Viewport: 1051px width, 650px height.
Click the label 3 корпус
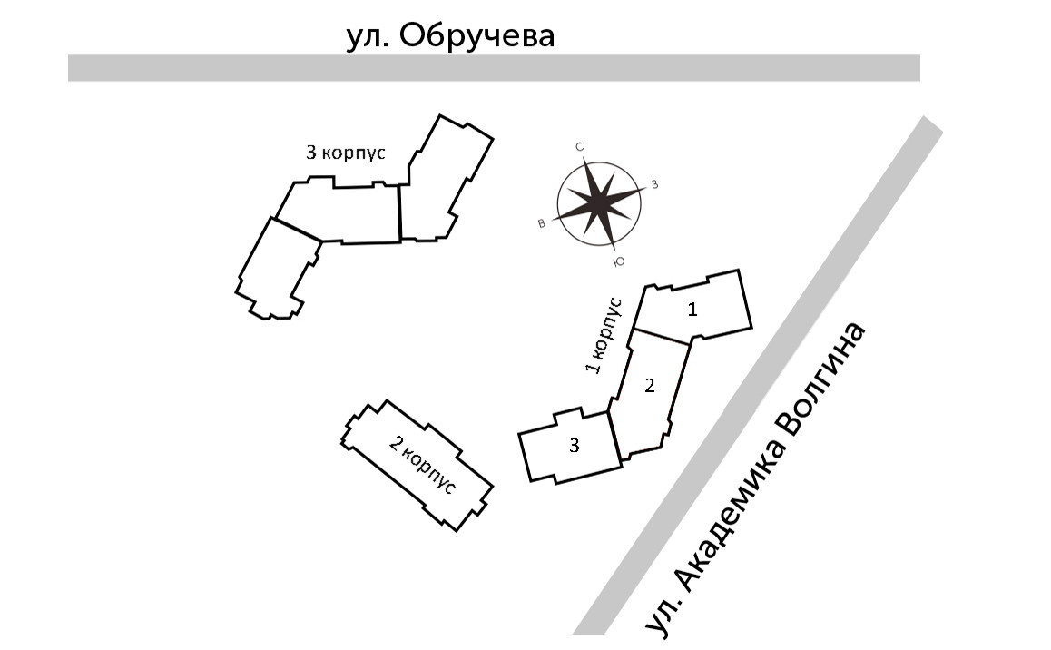[x=346, y=153]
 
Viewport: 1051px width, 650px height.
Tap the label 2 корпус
[x=421, y=464]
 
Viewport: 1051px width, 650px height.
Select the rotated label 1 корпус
[x=604, y=335]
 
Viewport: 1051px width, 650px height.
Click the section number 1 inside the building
[x=692, y=310]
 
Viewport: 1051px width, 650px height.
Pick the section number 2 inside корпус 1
[x=649, y=385]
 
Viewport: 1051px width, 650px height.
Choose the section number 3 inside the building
[x=574, y=445]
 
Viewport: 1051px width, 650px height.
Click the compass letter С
[x=578, y=146]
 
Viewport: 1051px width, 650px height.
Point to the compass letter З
[x=653, y=185]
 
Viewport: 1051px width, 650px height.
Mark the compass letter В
[x=542, y=223]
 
